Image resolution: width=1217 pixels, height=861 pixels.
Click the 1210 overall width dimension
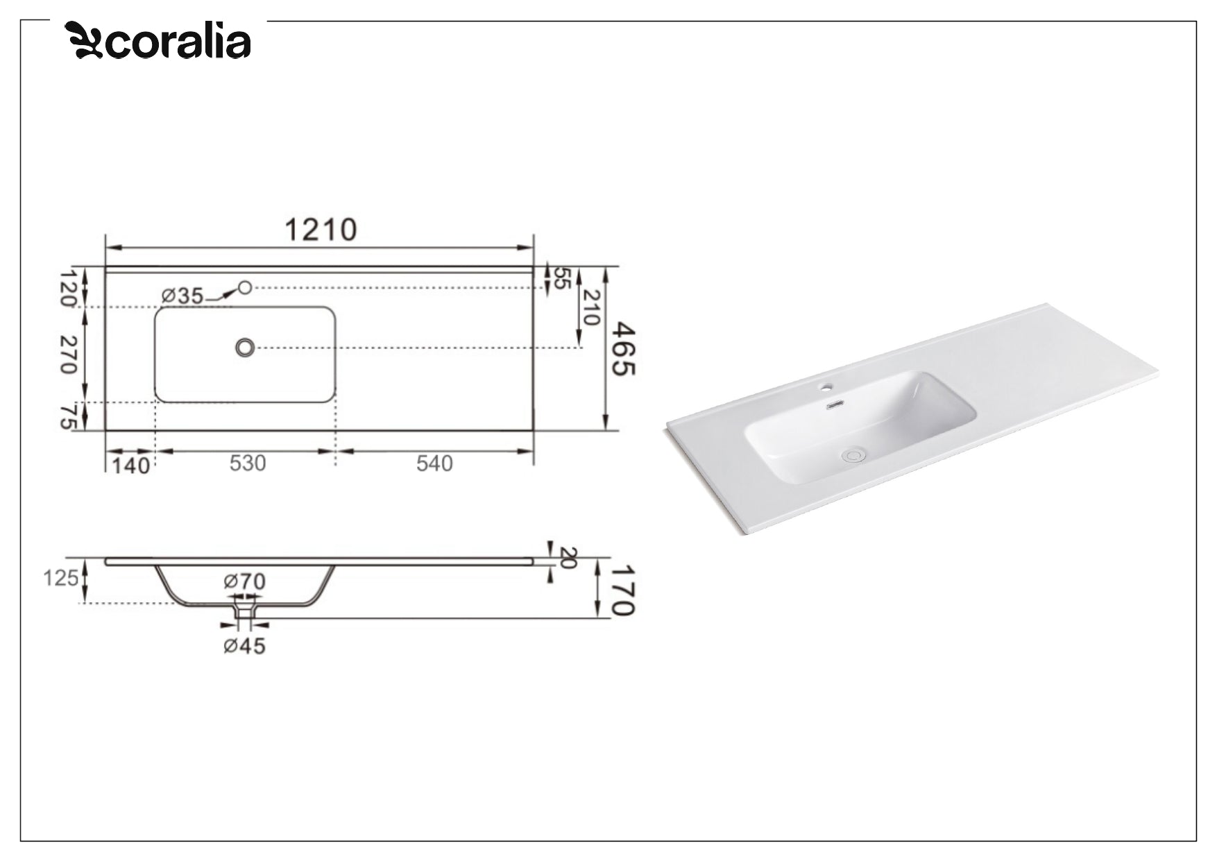(321, 230)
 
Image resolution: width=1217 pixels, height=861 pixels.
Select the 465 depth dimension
(622, 349)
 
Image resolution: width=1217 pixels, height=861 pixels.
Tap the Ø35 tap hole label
(182, 296)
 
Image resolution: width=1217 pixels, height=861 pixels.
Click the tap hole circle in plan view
(244, 287)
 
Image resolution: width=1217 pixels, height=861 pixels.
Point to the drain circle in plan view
(244, 348)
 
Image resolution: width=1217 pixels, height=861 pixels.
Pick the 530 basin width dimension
(248, 463)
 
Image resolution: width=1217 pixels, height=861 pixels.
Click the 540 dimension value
(434, 463)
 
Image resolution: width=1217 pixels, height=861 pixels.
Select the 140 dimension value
(130, 465)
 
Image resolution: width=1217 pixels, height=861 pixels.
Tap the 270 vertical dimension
(67, 354)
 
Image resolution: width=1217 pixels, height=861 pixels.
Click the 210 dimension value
(590, 307)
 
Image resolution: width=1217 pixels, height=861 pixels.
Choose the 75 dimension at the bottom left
(67, 416)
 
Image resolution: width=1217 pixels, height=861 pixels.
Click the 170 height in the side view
(622, 590)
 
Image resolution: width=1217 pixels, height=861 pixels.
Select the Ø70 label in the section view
(244, 581)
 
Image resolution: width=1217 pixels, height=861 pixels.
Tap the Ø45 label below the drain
(244, 646)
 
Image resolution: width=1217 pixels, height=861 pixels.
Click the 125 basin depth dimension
(60, 578)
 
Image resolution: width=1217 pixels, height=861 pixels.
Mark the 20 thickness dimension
(567, 558)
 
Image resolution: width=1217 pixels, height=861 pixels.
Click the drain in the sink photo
(853, 455)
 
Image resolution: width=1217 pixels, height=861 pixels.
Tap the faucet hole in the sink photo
(828, 385)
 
